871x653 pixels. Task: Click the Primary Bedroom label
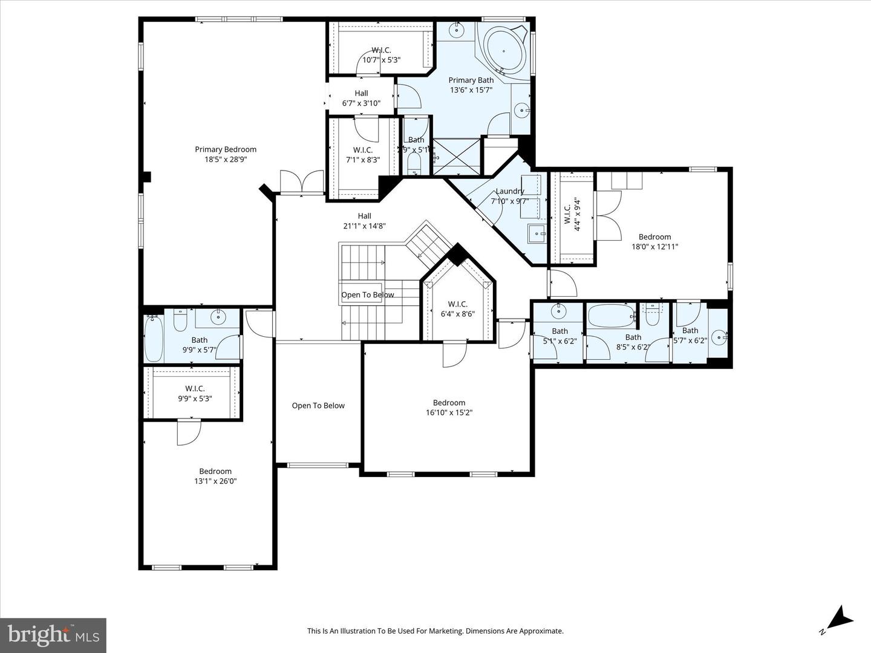pyautogui.click(x=226, y=154)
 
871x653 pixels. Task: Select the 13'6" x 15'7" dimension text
pyautogui.click(x=471, y=90)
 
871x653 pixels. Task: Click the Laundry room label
pyautogui.click(x=510, y=191)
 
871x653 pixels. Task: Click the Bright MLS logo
pyautogui.click(x=53, y=635)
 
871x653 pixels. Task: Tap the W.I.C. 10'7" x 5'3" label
pyautogui.click(x=381, y=55)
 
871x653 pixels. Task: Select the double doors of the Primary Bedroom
pyautogui.click(x=302, y=182)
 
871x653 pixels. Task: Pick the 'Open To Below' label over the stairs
pyautogui.click(x=368, y=295)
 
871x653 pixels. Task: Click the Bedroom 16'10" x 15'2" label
pyautogui.click(x=449, y=408)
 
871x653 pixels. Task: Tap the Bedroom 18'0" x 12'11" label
pyautogui.click(x=654, y=242)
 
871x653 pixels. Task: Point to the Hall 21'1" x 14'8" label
pyautogui.click(x=364, y=221)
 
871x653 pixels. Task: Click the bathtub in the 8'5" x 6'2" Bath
pyautogui.click(x=612, y=315)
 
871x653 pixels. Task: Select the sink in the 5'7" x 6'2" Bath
pyautogui.click(x=718, y=337)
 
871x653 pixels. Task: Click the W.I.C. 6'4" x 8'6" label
pyautogui.click(x=457, y=309)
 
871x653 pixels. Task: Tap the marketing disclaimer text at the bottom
pyautogui.click(x=435, y=631)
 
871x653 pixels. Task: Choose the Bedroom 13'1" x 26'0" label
pyautogui.click(x=215, y=476)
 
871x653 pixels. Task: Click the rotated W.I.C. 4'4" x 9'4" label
pyautogui.click(x=572, y=215)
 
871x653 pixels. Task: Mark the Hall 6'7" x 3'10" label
pyautogui.click(x=361, y=98)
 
